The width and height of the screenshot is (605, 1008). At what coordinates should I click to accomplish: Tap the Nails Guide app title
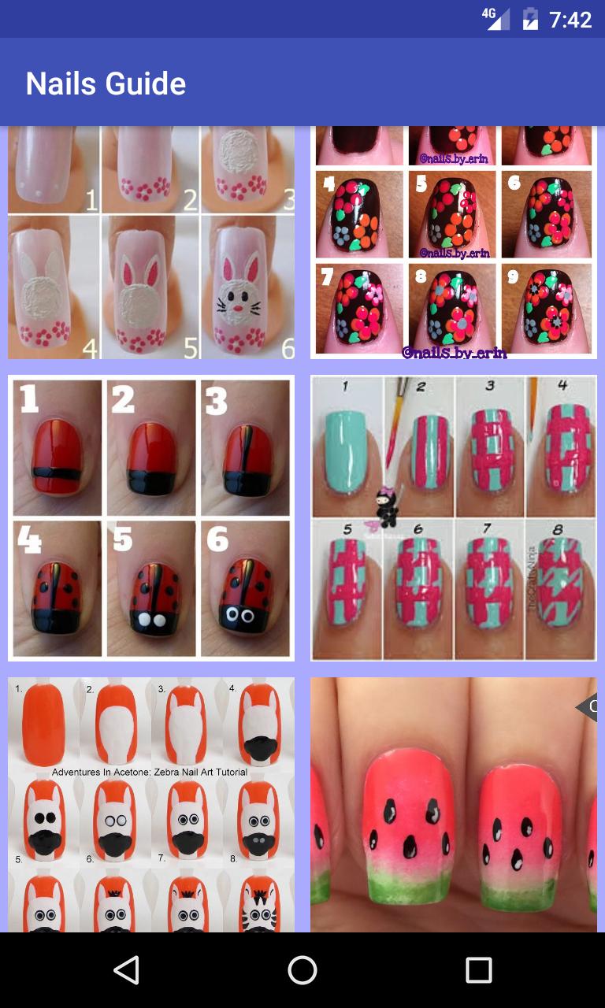click(x=106, y=83)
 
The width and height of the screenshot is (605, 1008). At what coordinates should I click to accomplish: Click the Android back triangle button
click(x=126, y=970)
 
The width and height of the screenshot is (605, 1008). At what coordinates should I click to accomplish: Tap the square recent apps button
click(x=478, y=970)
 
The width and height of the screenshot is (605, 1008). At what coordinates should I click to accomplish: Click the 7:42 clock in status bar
click(x=570, y=20)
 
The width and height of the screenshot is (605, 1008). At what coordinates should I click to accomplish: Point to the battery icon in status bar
click(x=530, y=19)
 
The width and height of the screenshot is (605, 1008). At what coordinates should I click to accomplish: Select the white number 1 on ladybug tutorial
click(x=29, y=399)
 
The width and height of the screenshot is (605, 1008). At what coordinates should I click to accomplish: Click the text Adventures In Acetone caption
click(x=150, y=773)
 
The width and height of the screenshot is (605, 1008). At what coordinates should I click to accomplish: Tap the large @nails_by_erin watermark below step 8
click(x=454, y=353)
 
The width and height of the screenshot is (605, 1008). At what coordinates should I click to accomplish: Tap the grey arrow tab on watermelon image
click(x=587, y=707)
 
